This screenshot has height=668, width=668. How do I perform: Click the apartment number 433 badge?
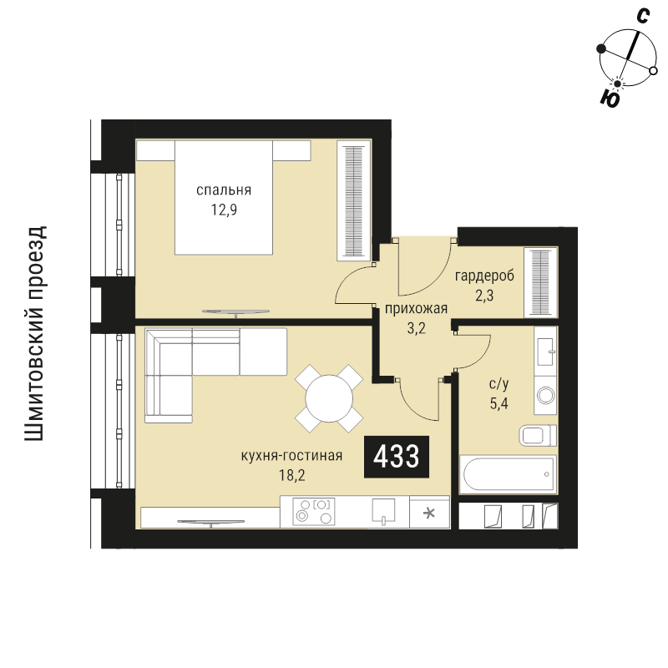[x=396, y=457]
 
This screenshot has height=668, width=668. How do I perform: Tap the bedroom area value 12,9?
[x=224, y=210]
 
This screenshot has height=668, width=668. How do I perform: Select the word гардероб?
[x=484, y=276]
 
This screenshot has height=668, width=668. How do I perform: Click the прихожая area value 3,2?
[x=416, y=328]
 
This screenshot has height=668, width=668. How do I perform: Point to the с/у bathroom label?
[x=498, y=384]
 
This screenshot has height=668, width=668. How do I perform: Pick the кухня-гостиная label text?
[x=291, y=455]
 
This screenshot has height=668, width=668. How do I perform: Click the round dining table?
[x=329, y=399]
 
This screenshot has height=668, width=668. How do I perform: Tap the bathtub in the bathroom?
[x=509, y=474]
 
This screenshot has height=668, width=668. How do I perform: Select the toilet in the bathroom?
[x=538, y=435]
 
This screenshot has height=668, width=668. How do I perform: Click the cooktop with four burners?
[x=314, y=511]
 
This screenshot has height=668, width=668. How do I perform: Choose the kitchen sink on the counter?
[x=383, y=511]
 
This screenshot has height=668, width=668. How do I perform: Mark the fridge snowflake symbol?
[x=429, y=513]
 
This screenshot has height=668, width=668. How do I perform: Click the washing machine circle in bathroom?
[x=546, y=395]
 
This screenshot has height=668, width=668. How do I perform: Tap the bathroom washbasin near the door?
[x=545, y=352]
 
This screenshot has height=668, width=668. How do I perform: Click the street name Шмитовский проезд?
[x=34, y=333]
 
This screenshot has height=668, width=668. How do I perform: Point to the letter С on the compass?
[x=643, y=16]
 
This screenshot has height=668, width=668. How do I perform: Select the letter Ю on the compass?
[x=610, y=99]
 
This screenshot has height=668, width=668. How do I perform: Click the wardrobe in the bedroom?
[x=353, y=200]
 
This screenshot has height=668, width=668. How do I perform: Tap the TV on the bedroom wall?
[x=235, y=312]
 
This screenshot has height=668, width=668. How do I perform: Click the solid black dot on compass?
[x=601, y=48]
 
